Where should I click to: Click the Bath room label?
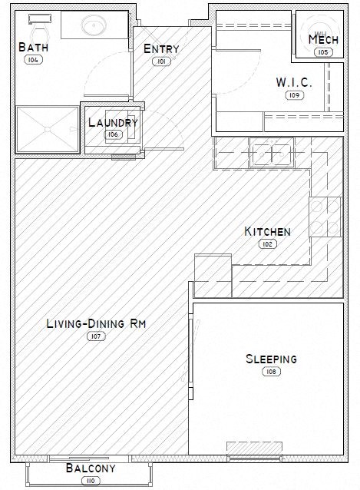tap(34, 48)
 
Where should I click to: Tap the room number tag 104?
tap(34, 59)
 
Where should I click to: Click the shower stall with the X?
tap(47, 129)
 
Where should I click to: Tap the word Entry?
tap(161, 49)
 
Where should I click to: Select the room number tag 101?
tap(161, 61)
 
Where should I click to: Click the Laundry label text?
tap(113, 123)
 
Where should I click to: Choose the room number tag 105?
tap(322, 51)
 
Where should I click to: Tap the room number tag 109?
tap(292, 95)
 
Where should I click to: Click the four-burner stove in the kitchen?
tap(325, 217)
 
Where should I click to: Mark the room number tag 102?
tap(267, 243)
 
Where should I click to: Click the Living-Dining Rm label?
tap(97, 325)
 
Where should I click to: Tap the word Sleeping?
tap(271, 359)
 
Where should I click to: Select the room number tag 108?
tap(271, 371)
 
